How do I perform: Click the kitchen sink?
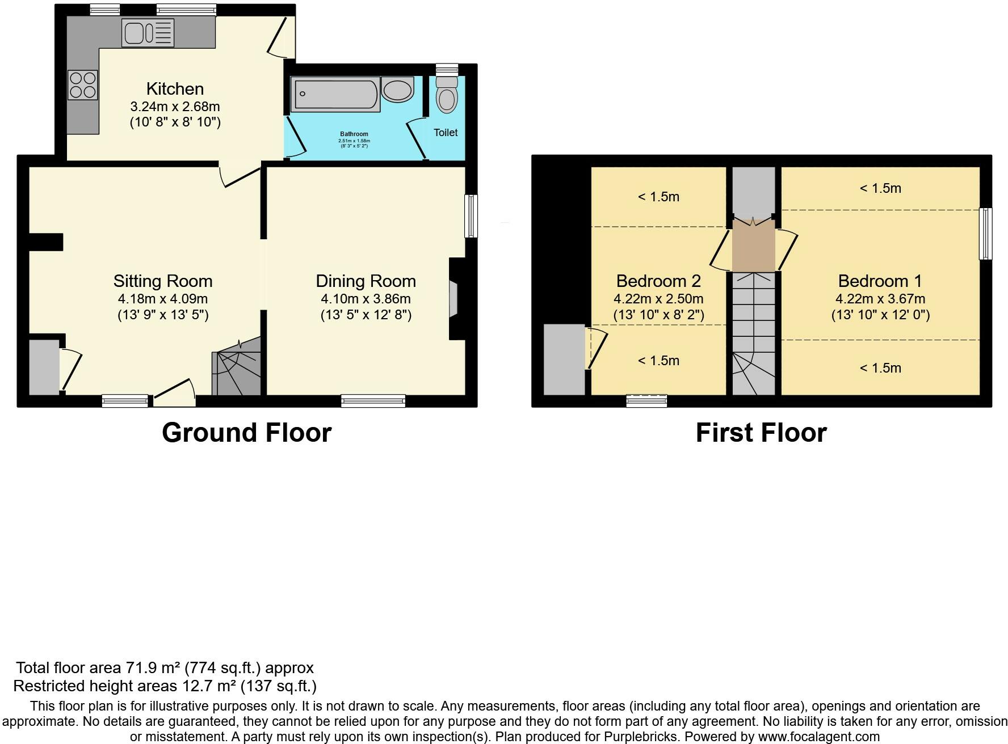click(x=148, y=32)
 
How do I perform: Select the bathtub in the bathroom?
click(x=335, y=94)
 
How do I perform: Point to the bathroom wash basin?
click(x=398, y=90)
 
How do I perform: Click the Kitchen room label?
click(x=175, y=88)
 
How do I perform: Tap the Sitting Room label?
click(x=163, y=281)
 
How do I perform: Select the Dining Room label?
click(x=366, y=281)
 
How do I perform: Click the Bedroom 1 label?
click(x=880, y=281)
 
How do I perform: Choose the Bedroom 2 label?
click(x=658, y=281)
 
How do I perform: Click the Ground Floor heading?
click(x=246, y=433)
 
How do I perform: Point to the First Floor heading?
click(x=761, y=433)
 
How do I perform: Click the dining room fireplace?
click(x=453, y=299)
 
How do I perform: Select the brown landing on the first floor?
click(x=754, y=246)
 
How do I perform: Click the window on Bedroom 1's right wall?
click(x=986, y=234)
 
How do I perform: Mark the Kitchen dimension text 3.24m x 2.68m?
click(x=175, y=107)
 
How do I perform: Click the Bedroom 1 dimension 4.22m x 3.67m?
click(x=880, y=299)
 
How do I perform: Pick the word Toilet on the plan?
click(x=446, y=132)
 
